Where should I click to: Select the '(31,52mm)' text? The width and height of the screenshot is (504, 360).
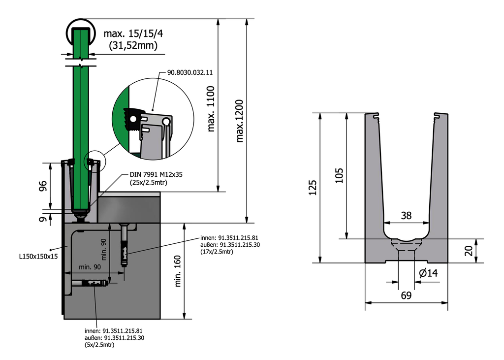pyautogui.click(x=133, y=46)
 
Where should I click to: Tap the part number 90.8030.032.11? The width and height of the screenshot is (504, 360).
pyautogui.click(x=189, y=72)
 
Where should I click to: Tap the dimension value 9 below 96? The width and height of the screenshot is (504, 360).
pyautogui.click(x=43, y=219)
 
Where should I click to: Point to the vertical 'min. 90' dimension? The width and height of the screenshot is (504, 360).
pyautogui.click(x=104, y=249)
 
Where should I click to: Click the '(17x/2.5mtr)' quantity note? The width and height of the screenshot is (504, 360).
pyautogui.click(x=217, y=252)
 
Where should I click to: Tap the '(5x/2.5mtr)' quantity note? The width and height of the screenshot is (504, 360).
pyautogui.click(x=99, y=345)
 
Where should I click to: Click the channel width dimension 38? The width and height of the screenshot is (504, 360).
pyautogui.click(x=406, y=215)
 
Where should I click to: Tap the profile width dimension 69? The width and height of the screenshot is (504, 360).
pyautogui.click(x=406, y=295)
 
